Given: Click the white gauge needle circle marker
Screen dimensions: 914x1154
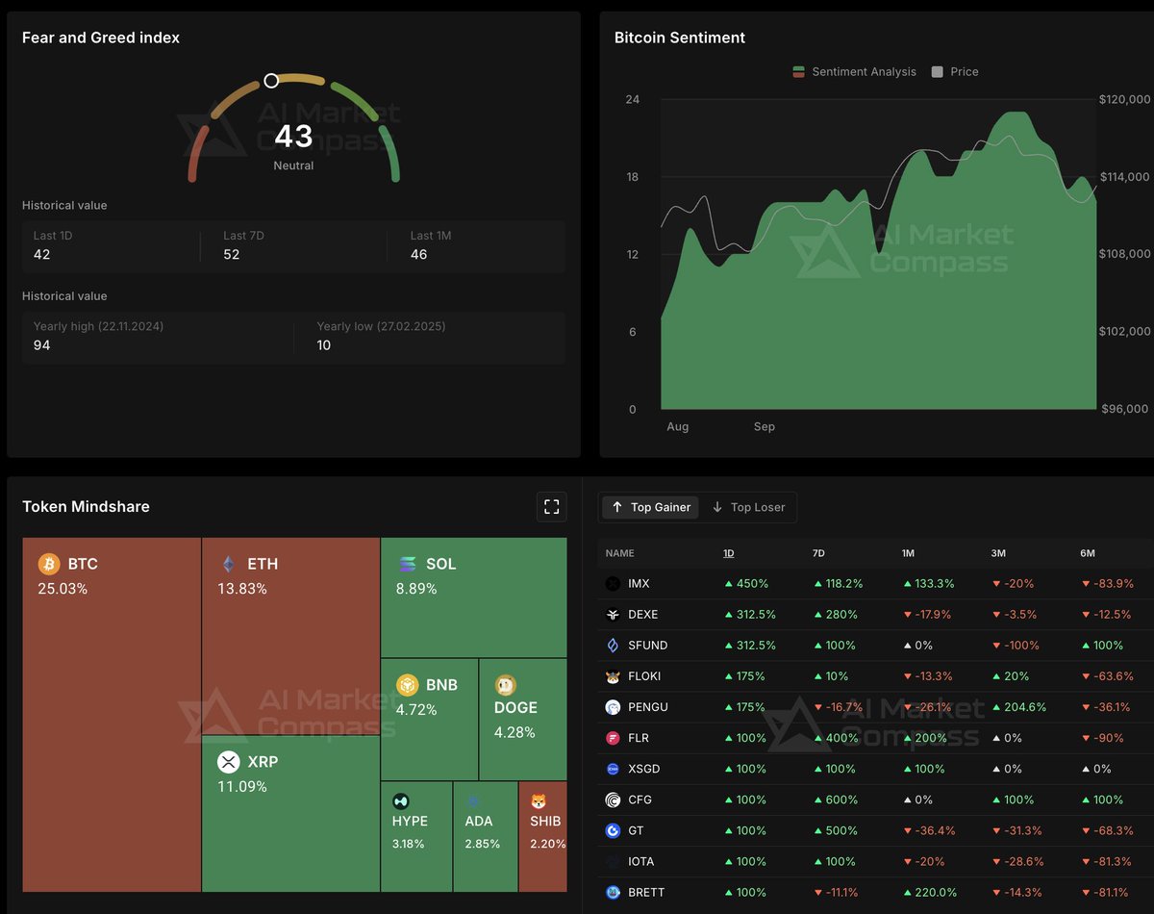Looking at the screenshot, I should point(271,81).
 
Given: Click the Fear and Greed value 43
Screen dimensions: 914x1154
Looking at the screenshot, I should point(293,137).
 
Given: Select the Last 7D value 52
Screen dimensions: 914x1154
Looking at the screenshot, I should point(232,254).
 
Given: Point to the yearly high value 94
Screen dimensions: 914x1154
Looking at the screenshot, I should point(41,344).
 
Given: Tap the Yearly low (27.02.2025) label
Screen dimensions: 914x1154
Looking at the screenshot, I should point(381,326).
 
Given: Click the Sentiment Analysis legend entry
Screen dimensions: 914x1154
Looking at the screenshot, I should point(854,71).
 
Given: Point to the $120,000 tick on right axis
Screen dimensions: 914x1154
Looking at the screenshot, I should point(1124,99).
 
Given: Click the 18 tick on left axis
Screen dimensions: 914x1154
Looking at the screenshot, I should point(632,177).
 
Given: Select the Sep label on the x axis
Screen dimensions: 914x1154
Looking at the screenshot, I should point(764,426).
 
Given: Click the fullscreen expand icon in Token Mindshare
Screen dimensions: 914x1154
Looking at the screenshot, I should point(551,506).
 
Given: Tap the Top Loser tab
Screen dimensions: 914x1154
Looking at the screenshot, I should point(748,507).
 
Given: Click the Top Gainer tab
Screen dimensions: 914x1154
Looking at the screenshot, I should point(651,507).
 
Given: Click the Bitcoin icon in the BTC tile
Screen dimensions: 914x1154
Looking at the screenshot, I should point(49,564).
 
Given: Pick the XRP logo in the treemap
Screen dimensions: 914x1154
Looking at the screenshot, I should point(228,762).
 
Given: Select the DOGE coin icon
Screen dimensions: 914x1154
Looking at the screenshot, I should point(505,685).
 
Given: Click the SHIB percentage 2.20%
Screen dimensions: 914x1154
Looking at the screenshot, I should point(545,844).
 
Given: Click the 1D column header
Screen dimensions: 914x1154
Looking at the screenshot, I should point(730,553).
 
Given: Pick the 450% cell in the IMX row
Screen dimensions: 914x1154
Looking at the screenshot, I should point(745,583).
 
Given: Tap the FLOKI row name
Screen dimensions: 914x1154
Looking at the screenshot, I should point(645,676).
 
